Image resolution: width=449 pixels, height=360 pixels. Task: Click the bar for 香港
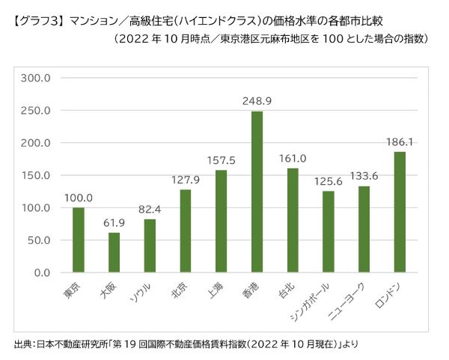tap(257, 192)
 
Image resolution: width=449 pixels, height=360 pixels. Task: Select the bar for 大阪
tap(114, 253)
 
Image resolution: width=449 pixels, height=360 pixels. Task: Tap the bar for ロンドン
tap(400, 213)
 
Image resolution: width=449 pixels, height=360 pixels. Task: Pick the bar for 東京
tap(78, 240)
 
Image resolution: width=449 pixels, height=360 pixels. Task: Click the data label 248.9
tap(257, 100)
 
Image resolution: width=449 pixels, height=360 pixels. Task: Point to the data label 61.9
tap(114, 222)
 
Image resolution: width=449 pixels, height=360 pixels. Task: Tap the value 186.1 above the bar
tap(400, 141)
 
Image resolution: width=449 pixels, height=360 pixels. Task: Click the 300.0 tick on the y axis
tap(35, 78)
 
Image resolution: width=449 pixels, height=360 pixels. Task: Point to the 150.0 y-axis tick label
tap(35, 175)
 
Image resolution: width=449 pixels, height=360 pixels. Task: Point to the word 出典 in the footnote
tap(22, 344)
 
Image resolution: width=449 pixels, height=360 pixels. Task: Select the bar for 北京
tap(185, 231)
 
